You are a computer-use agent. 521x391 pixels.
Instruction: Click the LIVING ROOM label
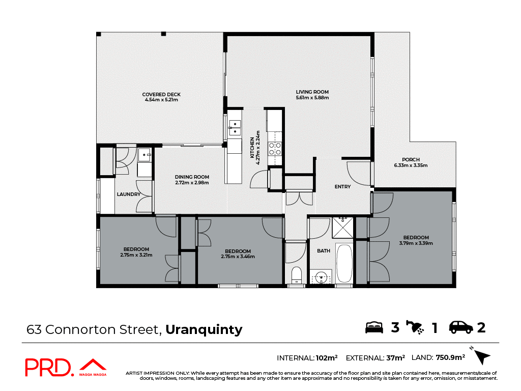pos(312,92)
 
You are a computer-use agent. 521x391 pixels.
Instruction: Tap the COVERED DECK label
pos(161,94)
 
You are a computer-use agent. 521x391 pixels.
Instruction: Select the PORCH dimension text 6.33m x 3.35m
pos(411,165)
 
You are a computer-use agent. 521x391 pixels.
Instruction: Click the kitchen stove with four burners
pos(275,148)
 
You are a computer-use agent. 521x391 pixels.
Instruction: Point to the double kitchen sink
pos(235,128)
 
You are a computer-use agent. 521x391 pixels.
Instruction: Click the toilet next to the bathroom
pos(296,275)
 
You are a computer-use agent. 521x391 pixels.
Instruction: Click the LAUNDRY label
pos(128,194)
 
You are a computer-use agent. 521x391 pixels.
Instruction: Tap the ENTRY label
pos(342,187)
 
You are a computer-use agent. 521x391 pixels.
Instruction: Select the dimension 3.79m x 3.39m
pos(416,243)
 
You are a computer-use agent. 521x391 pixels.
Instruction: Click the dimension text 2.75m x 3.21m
pos(136,255)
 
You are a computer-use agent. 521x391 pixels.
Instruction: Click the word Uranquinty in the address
pos(204,329)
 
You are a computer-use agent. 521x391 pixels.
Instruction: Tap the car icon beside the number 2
pos(461,327)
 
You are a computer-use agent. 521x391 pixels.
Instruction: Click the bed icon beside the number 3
pos(374,327)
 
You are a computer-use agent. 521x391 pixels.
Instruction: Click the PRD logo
pos(48,368)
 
